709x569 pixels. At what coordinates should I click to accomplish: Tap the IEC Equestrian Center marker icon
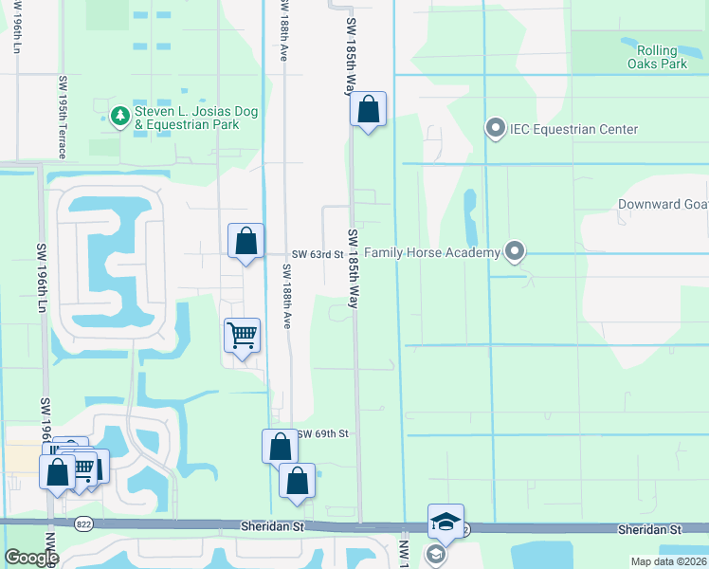click(494, 129)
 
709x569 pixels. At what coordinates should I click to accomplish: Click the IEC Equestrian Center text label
click(573, 129)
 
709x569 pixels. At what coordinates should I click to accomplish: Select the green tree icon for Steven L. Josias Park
click(119, 116)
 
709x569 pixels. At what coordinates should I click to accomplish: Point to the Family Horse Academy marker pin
click(515, 252)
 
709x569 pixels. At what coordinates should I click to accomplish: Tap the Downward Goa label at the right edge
click(663, 205)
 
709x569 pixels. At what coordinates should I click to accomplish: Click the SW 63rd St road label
click(316, 254)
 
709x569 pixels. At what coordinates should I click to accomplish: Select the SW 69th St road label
click(324, 433)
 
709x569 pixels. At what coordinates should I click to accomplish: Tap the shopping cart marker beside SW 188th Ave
click(243, 335)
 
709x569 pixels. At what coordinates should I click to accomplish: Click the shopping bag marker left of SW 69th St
click(281, 446)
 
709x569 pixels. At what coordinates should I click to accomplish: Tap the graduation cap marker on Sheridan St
click(445, 521)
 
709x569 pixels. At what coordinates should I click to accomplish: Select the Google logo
click(32, 558)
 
